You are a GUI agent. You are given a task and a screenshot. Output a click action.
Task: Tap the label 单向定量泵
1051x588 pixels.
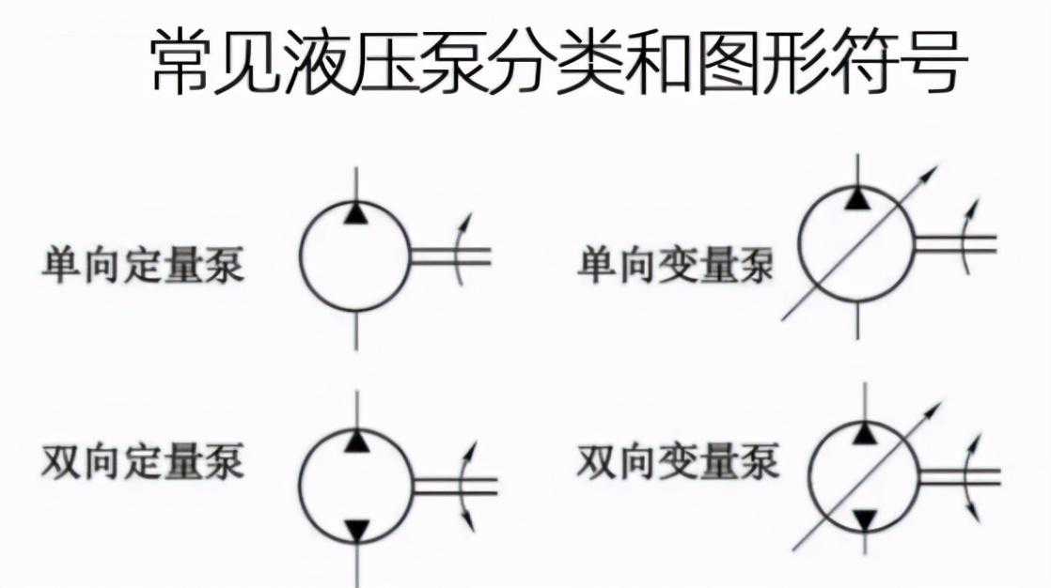[142, 265]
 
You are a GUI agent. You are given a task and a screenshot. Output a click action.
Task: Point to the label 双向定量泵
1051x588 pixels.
[142, 462]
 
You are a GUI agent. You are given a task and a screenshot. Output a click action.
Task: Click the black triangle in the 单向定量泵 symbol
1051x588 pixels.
[355, 214]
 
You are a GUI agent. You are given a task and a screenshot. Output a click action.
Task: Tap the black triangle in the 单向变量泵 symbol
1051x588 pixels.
[856, 198]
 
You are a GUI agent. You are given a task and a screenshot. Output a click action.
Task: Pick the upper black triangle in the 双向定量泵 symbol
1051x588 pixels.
[355, 440]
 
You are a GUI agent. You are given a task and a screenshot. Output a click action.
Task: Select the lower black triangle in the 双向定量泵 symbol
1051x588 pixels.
[355, 531]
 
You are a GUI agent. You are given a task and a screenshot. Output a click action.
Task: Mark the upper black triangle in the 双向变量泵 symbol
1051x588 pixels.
[865, 432]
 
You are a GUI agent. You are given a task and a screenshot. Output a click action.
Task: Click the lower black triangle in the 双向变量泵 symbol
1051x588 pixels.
[865, 518]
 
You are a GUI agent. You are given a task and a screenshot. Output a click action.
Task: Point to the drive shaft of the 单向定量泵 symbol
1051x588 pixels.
[449, 255]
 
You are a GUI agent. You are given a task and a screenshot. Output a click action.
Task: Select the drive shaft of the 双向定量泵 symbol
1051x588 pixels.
[455, 485]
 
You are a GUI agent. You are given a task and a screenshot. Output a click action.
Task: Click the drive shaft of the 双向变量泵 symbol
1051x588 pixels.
[959, 474]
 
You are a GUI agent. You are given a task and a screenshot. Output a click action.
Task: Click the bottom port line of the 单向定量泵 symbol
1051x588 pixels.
[355, 330]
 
